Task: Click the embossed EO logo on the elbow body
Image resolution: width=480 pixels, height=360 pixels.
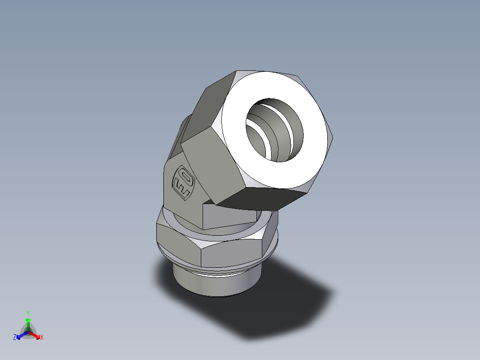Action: tap(183, 182)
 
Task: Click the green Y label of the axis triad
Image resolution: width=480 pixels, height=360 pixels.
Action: tap(28, 313)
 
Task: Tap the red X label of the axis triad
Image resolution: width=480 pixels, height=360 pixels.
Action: tap(42, 338)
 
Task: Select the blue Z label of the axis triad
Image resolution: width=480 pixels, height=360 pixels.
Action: tap(15, 338)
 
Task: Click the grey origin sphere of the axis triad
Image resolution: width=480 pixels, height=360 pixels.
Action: tap(28, 332)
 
